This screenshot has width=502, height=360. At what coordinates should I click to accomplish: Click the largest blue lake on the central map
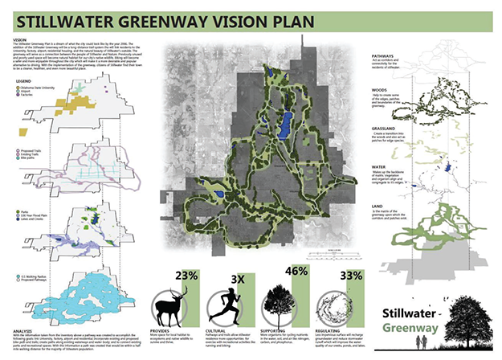pos(282,125)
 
